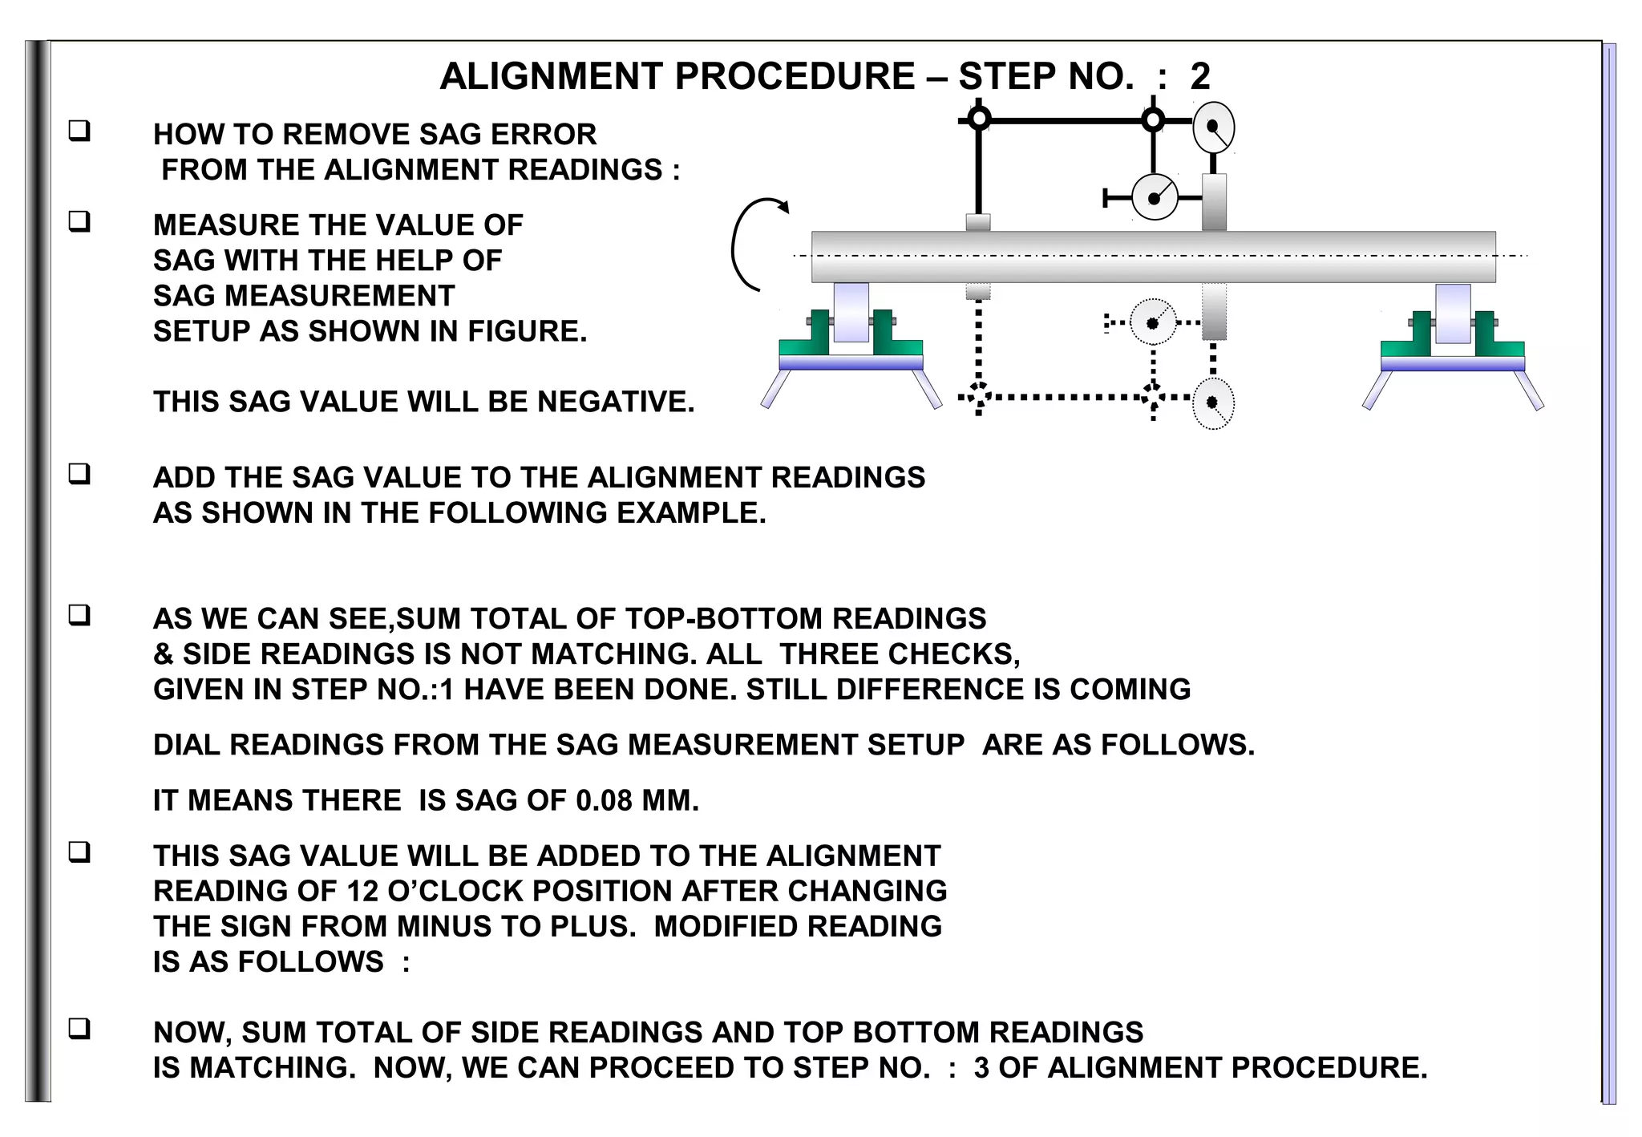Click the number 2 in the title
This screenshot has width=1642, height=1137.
point(1199,77)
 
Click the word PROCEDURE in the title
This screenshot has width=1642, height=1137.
point(795,77)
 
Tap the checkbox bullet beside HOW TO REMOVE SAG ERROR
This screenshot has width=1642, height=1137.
point(79,131)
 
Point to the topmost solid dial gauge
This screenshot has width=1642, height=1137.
point(1213,127)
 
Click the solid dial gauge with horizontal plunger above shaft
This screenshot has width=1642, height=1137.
point(1155,197)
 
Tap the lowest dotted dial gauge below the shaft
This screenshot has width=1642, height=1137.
point(1212,403)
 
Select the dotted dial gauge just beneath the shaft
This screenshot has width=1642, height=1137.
point(1153,322)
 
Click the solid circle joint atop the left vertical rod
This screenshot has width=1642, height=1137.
point(979,120)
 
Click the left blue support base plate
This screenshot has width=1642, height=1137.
point(851,363)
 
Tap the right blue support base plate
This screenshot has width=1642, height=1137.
point(1452,364)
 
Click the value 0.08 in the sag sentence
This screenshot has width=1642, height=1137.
point(604,801)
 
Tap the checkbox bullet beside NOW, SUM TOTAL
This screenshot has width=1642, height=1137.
point(79,1029)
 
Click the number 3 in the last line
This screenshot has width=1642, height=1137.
point(981,1068)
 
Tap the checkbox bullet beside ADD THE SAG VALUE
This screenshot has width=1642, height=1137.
point(79,474)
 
